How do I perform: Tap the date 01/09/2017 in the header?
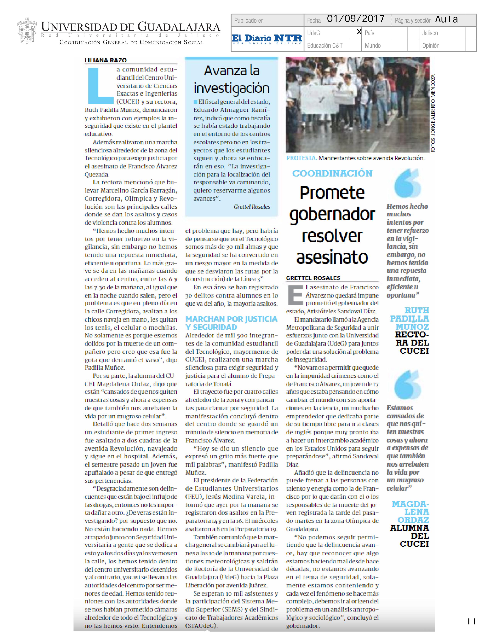[x=356, y=19]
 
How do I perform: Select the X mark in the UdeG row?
[x=359, y=32]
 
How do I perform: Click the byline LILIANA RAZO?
[x=106, y=60]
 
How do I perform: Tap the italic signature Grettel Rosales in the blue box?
[x=252, y=207]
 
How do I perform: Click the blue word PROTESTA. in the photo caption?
[x=301, y=158]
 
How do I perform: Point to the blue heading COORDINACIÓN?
[x=332, y=173]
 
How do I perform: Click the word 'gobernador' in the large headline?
[x=332, y=215]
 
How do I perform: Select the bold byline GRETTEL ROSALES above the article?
[x=313, y=278]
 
